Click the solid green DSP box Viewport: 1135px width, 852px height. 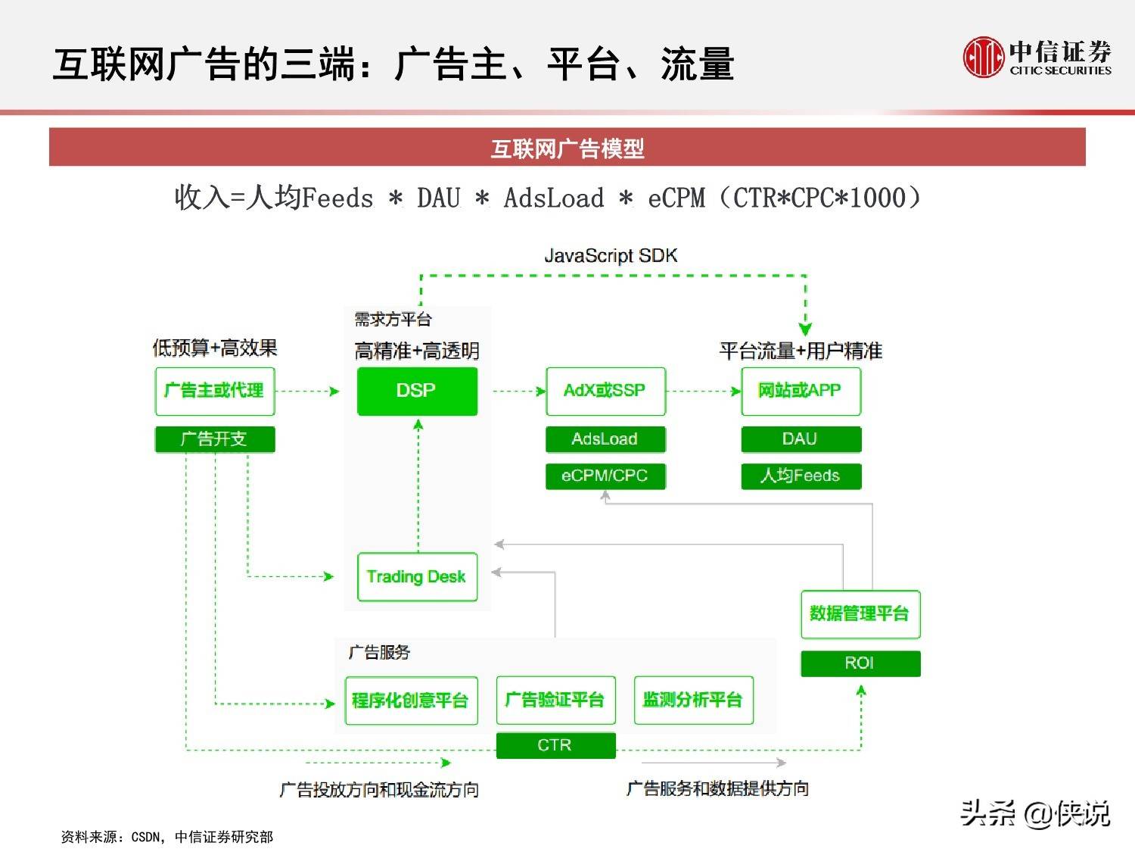coord(417,391)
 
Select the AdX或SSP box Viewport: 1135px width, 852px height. coord(605,391)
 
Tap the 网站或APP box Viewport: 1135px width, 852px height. coord(801,391)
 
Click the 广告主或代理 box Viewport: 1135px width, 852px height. coord(215,391)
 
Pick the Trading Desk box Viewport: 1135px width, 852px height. coord(417,577)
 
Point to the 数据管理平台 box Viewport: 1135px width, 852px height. coord(860,613)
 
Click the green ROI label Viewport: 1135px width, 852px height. coord(860,663)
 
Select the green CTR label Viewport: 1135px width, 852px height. coord(555,745)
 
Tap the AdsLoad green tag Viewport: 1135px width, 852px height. coord(605,439)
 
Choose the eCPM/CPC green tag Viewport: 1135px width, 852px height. coord(605,476)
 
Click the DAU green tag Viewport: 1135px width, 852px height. coord(801,439)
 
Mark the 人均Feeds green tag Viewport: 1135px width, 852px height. coord(801,476)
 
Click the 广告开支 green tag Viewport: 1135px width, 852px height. coord(215,439)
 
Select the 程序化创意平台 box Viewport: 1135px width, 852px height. coord(411,701)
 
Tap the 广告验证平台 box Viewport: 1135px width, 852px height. coord(555,701)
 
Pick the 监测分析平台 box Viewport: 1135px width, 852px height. coord(693,701)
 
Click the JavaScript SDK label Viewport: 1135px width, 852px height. coord(611,256)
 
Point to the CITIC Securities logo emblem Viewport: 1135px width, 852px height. coord(983,58)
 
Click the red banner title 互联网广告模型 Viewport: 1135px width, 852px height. coord(567,148)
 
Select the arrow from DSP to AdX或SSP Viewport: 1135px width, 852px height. coord(518,392)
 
